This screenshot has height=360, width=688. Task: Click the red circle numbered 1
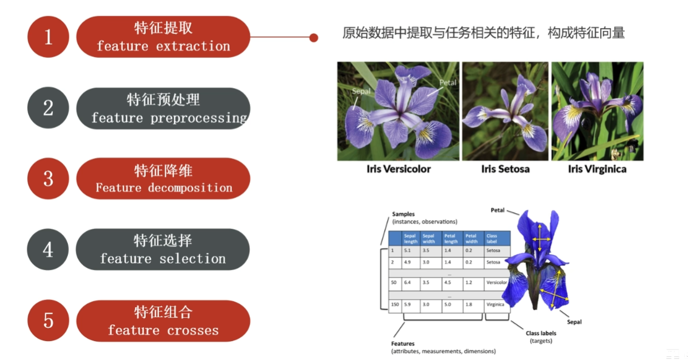coord(48,37)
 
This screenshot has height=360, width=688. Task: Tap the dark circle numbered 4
coord(48,249)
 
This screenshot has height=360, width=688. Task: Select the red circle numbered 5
coord(48,320)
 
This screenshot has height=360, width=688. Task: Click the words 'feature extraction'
coord(163,46)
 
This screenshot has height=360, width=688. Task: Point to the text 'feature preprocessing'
coord(169,117)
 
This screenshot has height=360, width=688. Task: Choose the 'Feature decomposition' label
coord(164,188)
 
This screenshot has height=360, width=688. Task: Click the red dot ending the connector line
coord(314,38)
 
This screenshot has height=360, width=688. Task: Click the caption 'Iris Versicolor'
coord(398,169)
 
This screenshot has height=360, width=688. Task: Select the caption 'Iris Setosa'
coord(505,169)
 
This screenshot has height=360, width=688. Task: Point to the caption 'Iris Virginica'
coord(597,169)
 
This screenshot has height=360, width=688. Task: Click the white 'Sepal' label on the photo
coord(361,91)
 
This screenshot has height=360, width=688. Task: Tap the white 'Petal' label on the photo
coord(448,83)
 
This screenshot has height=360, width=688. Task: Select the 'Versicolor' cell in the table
coord(497,283)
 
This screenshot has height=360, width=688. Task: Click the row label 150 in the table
coord(394,304)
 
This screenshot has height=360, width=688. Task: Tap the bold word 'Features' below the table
coord(403,344)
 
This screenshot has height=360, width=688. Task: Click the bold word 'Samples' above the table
coord(403,214)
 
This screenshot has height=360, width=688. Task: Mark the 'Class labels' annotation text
coord(541,333)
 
